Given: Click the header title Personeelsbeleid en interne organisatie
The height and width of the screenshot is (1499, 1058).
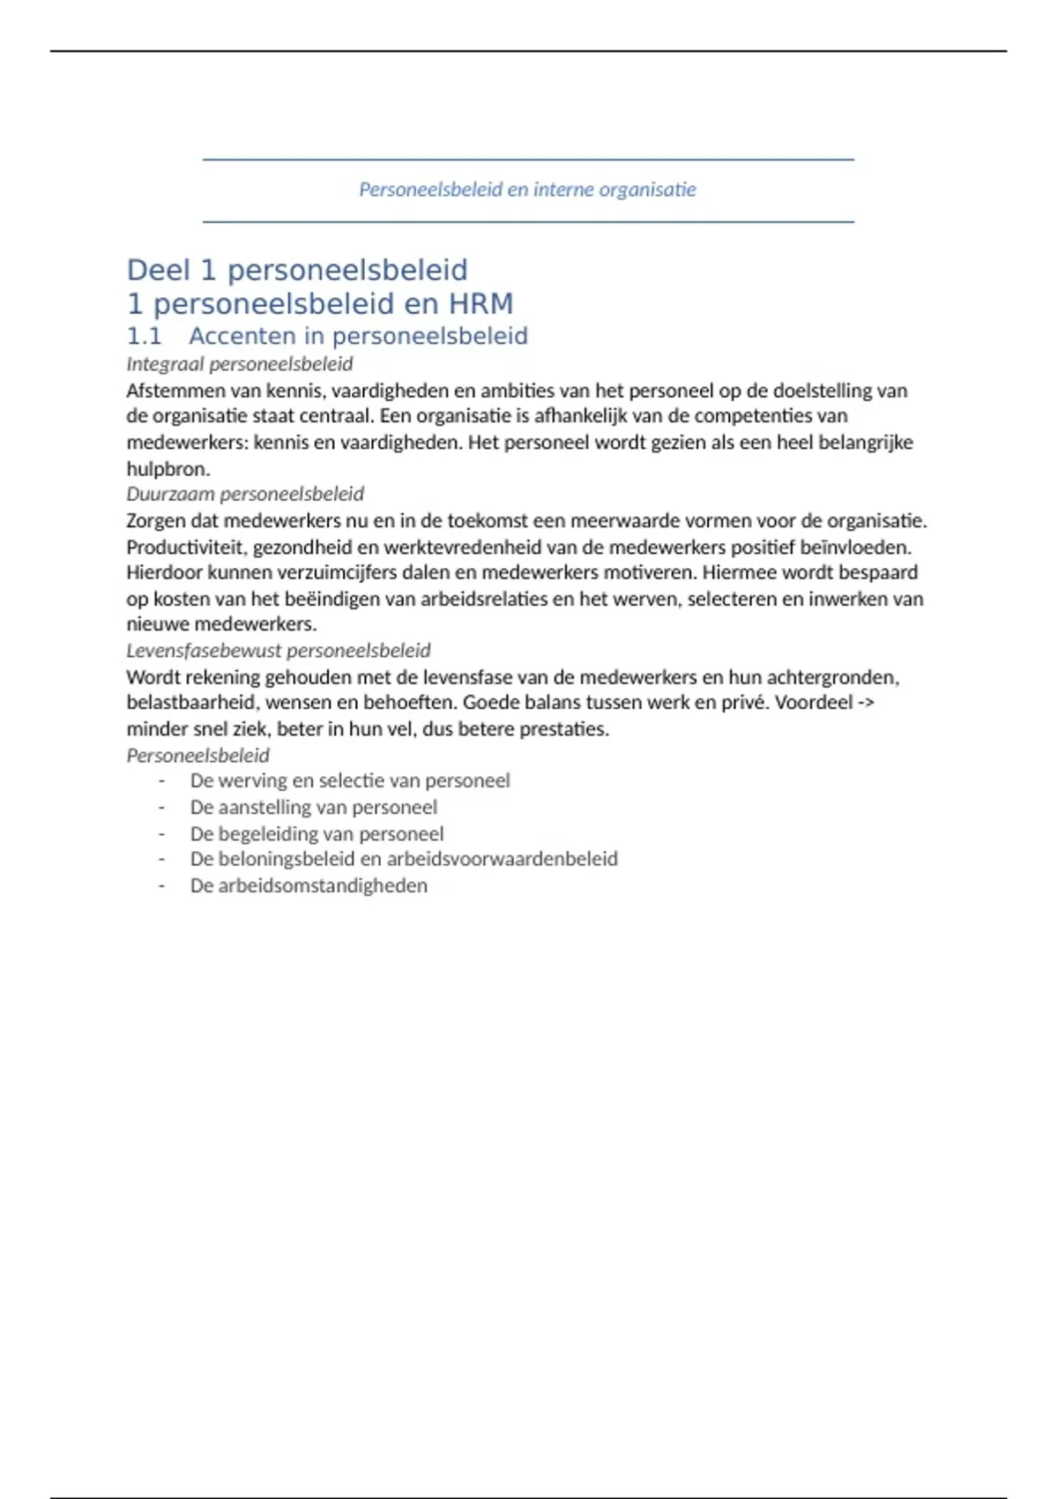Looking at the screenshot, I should point(527,190).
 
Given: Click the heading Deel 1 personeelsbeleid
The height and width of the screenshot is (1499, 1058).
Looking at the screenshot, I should point(297,270).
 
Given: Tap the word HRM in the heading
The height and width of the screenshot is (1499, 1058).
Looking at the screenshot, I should point(481,304).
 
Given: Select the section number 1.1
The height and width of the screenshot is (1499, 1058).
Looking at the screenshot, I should point(144,336).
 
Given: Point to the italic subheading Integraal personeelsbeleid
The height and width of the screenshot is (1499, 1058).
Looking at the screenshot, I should point(239,364).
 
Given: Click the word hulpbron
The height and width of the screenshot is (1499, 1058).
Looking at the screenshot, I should point(168,468).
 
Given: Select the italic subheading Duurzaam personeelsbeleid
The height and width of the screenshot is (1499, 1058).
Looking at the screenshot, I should point(244,494).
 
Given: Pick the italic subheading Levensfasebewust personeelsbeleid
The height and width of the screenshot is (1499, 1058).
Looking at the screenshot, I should point(278,651).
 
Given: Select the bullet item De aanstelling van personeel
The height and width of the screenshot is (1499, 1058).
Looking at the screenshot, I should point(313,807).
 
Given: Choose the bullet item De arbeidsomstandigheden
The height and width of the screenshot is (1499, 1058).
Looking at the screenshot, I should point(309,885).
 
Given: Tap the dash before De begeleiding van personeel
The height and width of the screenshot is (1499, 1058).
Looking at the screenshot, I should point(161,833).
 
